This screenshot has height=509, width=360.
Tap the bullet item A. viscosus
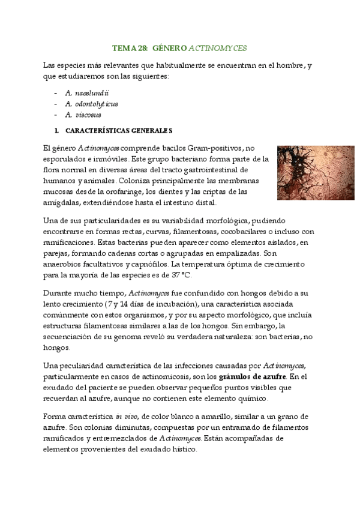[83, 114]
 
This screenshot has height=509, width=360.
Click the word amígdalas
[61, 202]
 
